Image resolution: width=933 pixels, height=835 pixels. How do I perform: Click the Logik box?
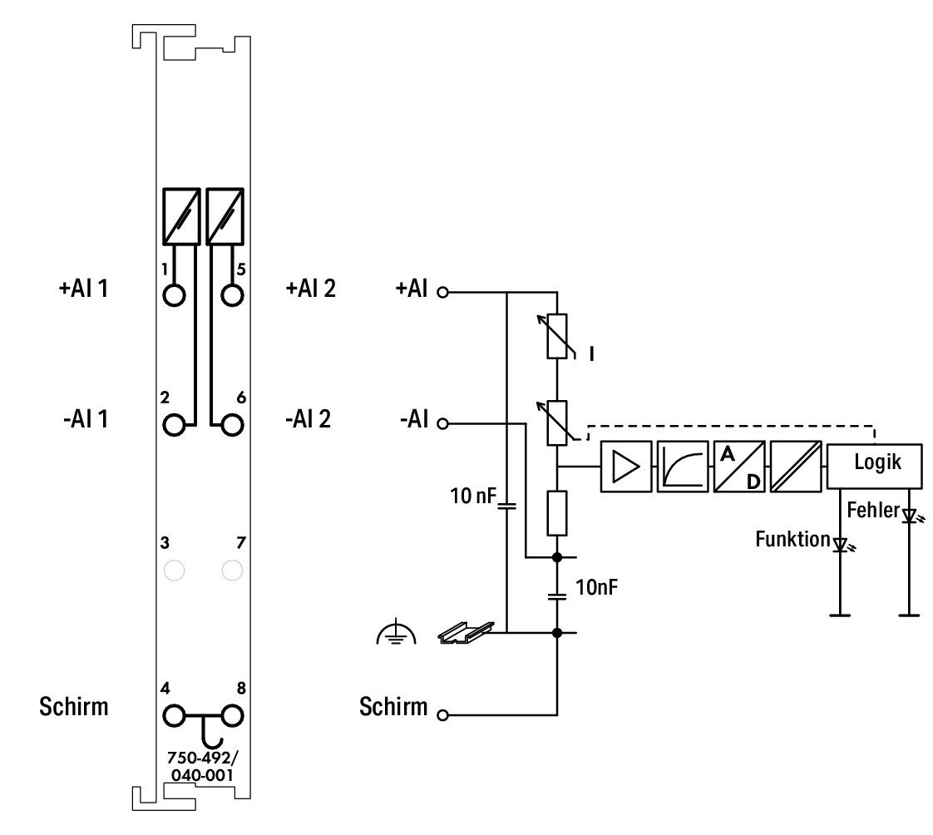click(874, 466)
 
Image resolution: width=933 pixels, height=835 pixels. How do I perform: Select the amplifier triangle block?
click(626, 466)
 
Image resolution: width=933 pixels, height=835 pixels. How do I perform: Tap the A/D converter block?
click(739, 466)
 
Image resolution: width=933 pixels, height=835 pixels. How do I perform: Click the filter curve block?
click(683, 466)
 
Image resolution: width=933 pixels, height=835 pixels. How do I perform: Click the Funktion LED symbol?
click(842, 545)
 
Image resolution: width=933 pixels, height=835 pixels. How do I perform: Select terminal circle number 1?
click(174, 294)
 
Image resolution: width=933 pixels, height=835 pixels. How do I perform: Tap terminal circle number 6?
click(232, 425)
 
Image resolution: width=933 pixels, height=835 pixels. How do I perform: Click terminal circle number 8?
click(232, 715)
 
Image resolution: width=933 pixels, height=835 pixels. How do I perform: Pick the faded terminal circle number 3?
click(174, 571)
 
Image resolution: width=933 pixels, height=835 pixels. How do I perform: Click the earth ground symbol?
click(397, 633)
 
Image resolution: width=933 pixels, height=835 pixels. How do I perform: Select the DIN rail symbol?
click(466, 633)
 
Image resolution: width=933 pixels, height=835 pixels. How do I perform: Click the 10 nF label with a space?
click(473, 495)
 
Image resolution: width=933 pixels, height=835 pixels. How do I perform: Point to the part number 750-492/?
click(202, 758)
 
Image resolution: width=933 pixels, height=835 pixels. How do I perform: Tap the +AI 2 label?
click(311, 289)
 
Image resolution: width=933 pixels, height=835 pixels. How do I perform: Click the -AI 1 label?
click(86, 419)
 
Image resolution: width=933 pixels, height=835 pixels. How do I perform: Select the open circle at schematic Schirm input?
click(442, 714)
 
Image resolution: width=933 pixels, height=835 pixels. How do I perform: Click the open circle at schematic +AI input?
click(442, 292)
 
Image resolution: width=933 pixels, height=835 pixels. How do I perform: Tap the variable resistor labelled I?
click(557, 336)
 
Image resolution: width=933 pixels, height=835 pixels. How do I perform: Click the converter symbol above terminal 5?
click(225, 216)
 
